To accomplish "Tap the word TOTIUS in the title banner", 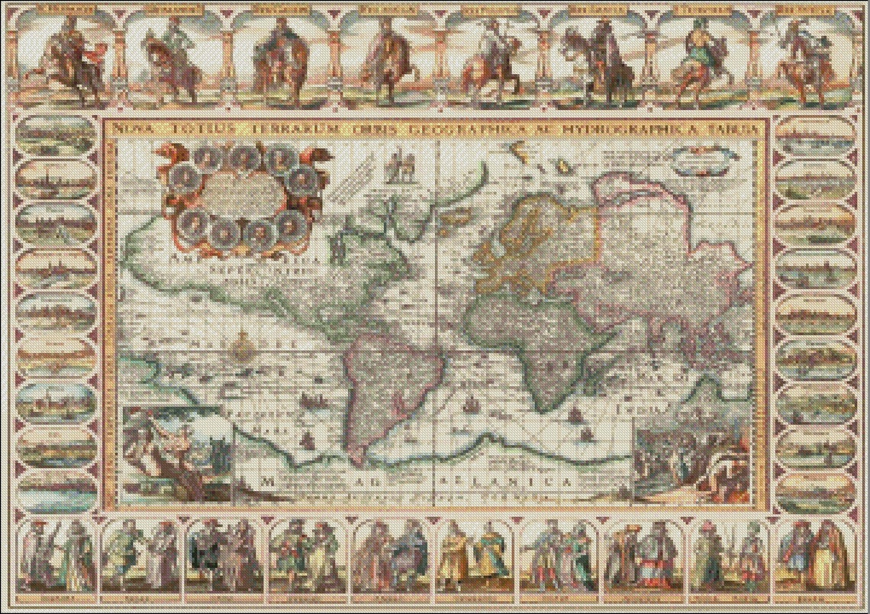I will (x=176, y=130).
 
